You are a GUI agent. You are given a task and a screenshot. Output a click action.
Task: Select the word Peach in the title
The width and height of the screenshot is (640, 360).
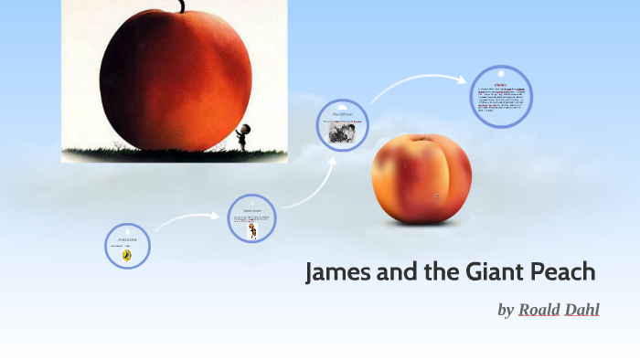(x=560, y=272)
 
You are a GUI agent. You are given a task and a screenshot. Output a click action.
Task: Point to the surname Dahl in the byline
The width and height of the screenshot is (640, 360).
(x=583, y=310)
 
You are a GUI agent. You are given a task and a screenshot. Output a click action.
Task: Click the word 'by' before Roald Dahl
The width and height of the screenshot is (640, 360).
(x=506, y=311)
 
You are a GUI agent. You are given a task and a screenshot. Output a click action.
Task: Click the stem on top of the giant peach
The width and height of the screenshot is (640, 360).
(x=183, y=6)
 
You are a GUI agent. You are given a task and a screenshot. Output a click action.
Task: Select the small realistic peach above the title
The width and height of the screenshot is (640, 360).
(x=421, y=179)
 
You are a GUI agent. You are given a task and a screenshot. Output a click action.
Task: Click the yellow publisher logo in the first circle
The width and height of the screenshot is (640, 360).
(x=127, y=256)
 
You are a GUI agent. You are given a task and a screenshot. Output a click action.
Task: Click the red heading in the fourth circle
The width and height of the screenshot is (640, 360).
(x=500, y=84)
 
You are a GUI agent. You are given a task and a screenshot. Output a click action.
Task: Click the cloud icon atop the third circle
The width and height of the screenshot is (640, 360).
(x=343, y=106)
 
